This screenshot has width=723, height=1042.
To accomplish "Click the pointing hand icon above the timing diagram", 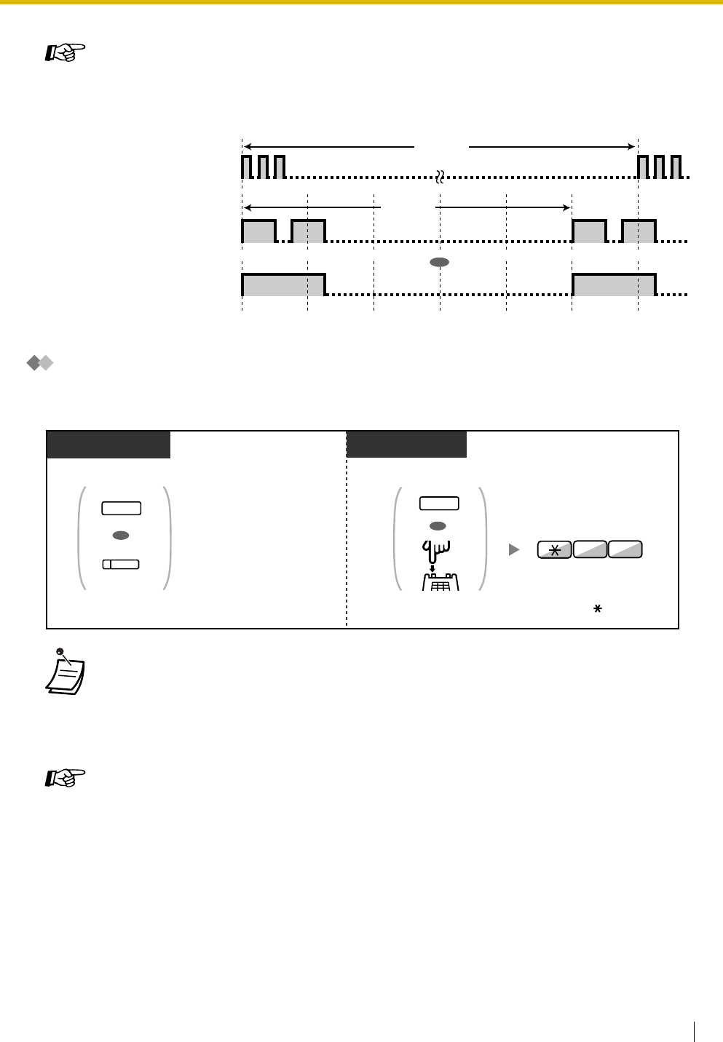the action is pyautogui.click(x=66, y=53).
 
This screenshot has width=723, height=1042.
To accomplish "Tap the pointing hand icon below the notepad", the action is pyautogui.click(x=66, y=779).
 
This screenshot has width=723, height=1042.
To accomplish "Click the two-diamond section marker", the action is pyautogui.click(x=41, y=363).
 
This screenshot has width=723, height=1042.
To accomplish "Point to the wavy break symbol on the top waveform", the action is pyautogui.click(x=440, y=176).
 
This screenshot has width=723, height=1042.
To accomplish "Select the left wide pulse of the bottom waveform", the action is pyautogui.click(x=283, y=285).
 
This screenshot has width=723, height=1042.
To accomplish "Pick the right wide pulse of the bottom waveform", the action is pyautogui.click(x=614, y=285).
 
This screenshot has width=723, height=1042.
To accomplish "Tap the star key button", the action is pyautogui.click(x=554, y=550).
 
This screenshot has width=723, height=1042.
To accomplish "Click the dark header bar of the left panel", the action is pyautogui.click(x=108, y=444).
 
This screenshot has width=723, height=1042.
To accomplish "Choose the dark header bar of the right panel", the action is pyautogui.click(x=406, y=444).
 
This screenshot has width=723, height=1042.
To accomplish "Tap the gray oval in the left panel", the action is pyautogui.click(x=122, y=535).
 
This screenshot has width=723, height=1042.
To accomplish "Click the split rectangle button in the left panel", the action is pyautogui.click(x=122, y=565).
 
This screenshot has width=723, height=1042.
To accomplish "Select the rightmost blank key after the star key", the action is pyautogui.click(x=625, y=550).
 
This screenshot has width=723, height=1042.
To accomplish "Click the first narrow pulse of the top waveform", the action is pyautogui.click(x=246, y=167).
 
